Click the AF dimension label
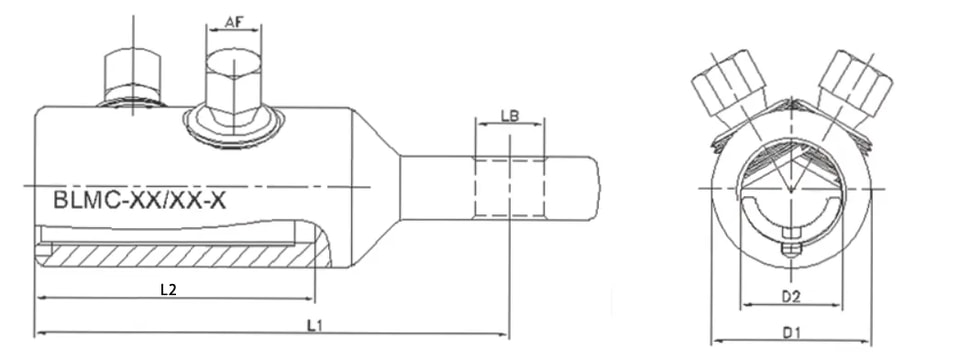coord(234,22)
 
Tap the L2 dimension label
coord(168,290)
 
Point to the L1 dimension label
coord(315,326)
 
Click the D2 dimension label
coord(792,297)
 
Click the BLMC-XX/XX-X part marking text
coord(140,200)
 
